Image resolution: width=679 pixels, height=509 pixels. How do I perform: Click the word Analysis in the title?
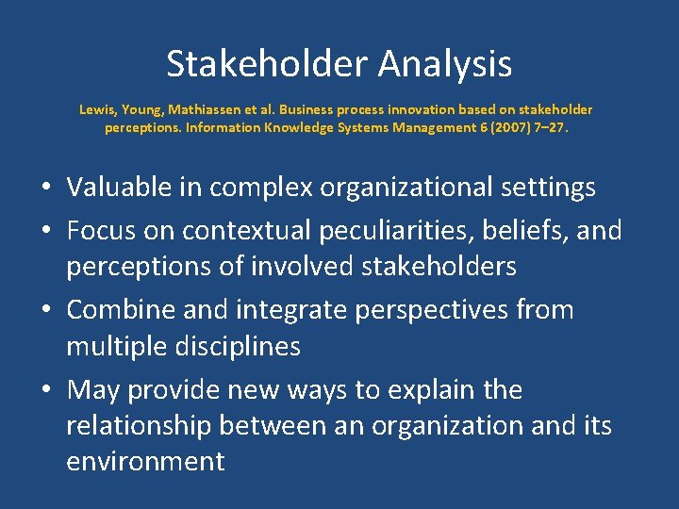click(x=445, y=64)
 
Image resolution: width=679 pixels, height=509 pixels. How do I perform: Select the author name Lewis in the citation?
click(x=96, y=109)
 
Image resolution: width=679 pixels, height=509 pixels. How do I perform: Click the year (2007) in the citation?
click(x=505, y=127)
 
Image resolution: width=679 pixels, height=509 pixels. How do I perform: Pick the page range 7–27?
click(x=552, y=127)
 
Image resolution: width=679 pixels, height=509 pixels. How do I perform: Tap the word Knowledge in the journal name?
click(x=290, y=127)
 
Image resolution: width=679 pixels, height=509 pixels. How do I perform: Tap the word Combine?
click(x=119, y=309)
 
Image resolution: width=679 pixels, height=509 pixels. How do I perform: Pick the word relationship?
click(x=139, y=426)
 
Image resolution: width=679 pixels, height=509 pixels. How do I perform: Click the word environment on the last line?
click(x=145, y=462)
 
